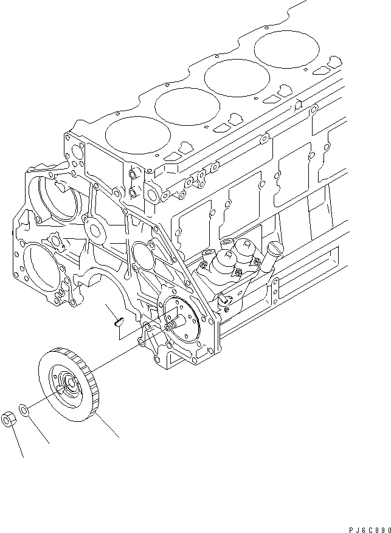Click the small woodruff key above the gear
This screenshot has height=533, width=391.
(x=119, y=319)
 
